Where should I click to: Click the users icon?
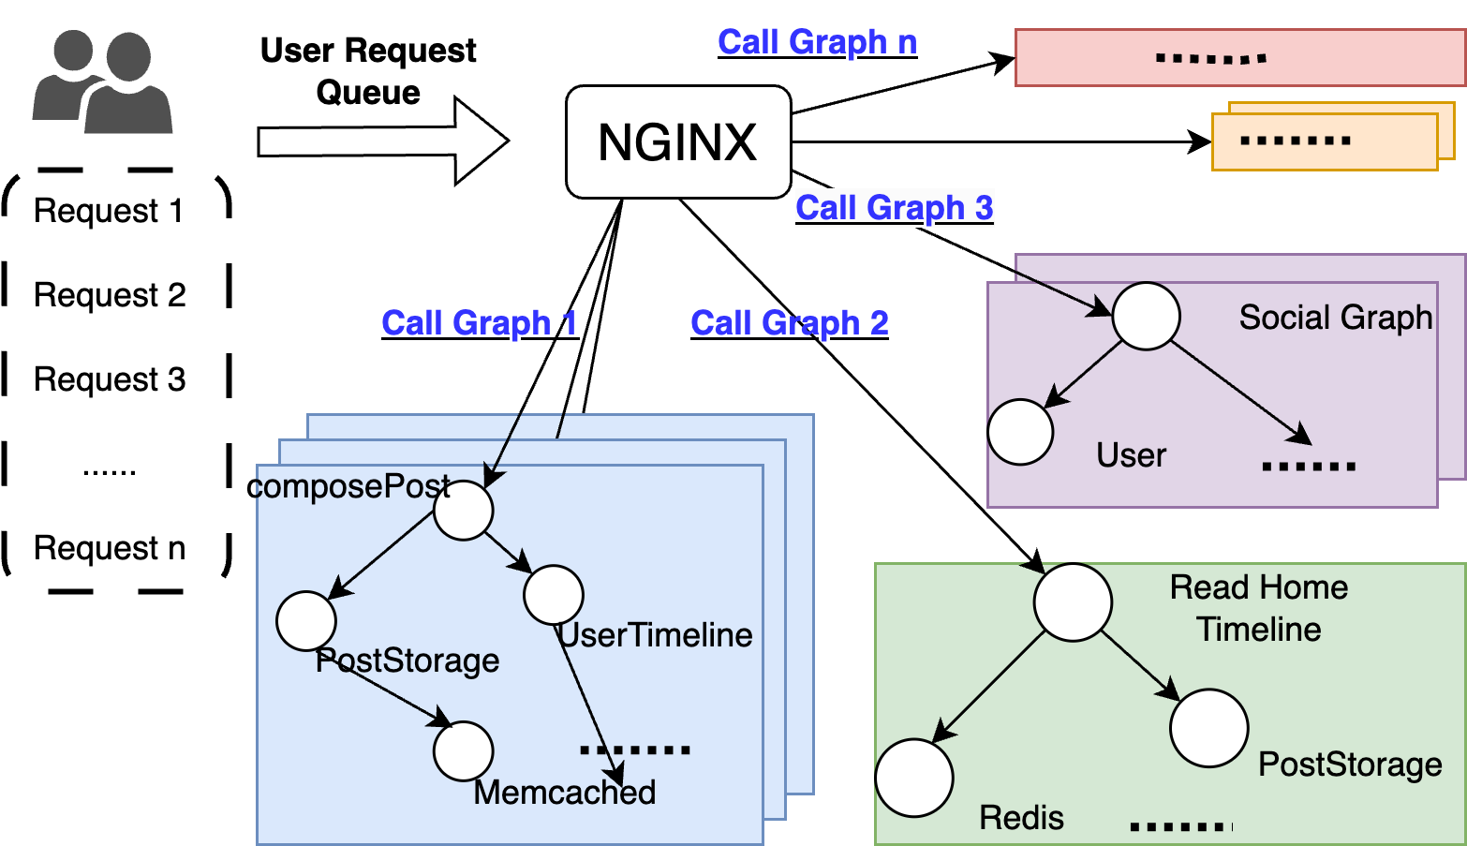pos(102,82)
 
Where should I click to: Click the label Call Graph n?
pos(817,42)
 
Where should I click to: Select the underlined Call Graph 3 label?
pos(894,207)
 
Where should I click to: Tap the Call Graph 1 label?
pos(479,323)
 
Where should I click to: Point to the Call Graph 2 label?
pos(789,323)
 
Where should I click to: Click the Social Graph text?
pos(1335,318)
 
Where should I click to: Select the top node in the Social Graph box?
pos(1146,317)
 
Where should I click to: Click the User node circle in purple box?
pos(1020,432)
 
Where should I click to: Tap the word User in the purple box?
pos(1131,455)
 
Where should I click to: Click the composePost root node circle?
pos(464,511)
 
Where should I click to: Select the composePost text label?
pos(352,486)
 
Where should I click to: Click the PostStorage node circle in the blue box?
pos(306,621)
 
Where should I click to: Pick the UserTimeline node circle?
pos(554,595)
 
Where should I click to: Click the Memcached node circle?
pos(463,751)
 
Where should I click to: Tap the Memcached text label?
pos(564,793)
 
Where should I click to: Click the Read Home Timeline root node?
pos(1073,602)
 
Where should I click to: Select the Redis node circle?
pos(914,778)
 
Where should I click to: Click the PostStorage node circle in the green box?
pos(1208,728)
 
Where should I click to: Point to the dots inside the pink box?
pos(1210,59)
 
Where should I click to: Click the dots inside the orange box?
pos(1295,141)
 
